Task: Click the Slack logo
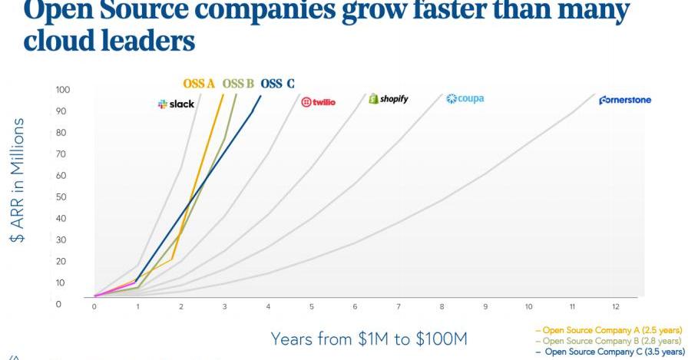[x=176, y=104]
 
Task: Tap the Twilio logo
[x=319, y=102]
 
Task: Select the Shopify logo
[x=389, y=99]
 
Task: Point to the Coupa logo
[x=465, y=99]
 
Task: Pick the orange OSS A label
[x=198, y=84]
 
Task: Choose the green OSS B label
[x=238, y=84]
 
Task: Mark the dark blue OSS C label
[x=277, y=84]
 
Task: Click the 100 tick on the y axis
[x=63, y=90]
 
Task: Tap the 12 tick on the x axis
[x=615, y=307]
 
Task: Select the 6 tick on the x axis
[x=355, y=307]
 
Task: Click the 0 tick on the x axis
[x=94, y=307]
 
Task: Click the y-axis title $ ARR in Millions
[x=18, y=180]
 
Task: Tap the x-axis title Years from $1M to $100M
[x=369, y=339]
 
